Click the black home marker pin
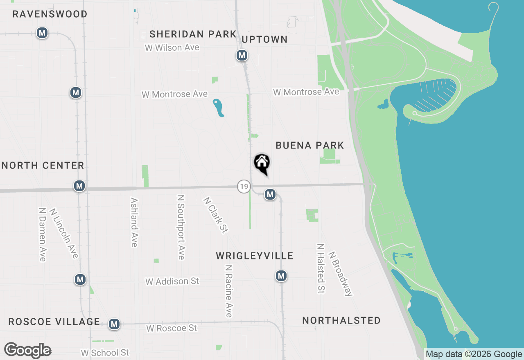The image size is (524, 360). (x=262, y=163)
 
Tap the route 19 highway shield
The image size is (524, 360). (x=244, y=187)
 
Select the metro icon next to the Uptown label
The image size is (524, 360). (x=242, y=55)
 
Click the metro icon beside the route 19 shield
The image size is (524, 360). (x=270, y=194)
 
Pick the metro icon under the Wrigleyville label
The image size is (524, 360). (x=281, y=276)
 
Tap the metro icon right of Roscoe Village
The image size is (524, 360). (x=114, y=324)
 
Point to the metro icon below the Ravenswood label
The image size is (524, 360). (x=42, y=33)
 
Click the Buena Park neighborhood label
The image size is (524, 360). (x=309, y=145)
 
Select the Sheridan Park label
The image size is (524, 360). (x=193, y=34)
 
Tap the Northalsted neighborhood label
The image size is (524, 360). (x=341, y=320)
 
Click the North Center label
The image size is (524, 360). (x=43, y=165)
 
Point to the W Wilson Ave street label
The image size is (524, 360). (x=172, y=47)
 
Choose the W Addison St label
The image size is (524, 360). (x=172, y=281)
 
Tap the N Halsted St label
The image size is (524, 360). (x=321, y=269)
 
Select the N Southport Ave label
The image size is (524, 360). (x=181, y=227)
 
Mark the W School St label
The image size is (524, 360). (x=105, y=353)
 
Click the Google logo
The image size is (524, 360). (x=27, y=351)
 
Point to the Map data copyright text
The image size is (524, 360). (x=474, y=354)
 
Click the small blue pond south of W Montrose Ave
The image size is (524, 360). (x=218, y=108)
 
